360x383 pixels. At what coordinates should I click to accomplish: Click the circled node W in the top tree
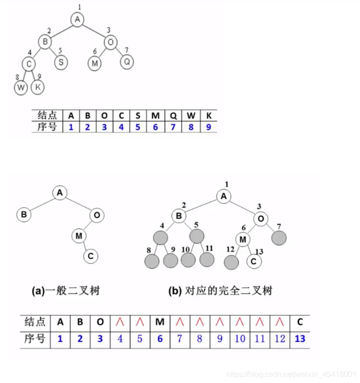(21, 88)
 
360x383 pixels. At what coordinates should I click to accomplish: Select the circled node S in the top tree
(60, 62)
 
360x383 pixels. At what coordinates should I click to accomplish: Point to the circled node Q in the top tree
(127, 62)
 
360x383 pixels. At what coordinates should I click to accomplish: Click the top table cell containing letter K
(209, 115)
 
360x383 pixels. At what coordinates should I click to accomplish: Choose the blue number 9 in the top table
(209, 127)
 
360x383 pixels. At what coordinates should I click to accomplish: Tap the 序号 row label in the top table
(47, 127)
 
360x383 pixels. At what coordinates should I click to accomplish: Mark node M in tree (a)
(79, 235)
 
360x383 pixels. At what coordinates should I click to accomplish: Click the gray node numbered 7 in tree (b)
(279, 237)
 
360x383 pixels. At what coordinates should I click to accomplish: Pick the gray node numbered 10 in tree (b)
(188, 260)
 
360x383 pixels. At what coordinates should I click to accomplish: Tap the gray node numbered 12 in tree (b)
(232, 262)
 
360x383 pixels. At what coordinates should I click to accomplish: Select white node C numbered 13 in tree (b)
(254, 261)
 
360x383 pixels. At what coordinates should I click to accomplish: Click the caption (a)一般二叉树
(66, 291)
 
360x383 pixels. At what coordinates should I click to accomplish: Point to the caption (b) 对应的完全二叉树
(220, 291)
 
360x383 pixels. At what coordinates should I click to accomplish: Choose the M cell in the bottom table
(160, 322)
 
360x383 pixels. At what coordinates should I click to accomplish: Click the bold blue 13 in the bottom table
(300, 339)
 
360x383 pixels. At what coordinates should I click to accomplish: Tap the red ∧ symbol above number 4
(120, 322)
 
